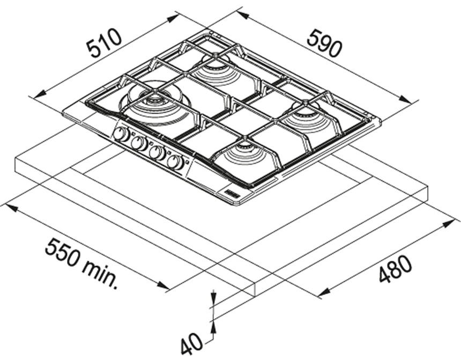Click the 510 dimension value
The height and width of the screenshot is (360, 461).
[x=105, y=43]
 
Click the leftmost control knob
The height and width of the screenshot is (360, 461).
[x=121, y=134]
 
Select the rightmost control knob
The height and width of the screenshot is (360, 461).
[x=175, y=162]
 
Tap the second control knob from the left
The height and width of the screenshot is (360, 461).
[x=139, y=143]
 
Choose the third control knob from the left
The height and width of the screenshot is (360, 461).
[x=157, y=152]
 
